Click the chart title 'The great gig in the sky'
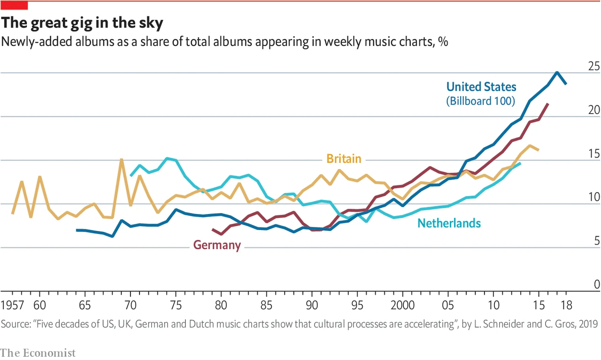(x=83, y=23)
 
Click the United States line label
(x=481, y=87)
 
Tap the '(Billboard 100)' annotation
(x=480, y=100)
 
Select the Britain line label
(x=344, y=159)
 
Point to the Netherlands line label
(x=449, y=223)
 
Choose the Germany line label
(x=217, y=245)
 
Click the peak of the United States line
(x=557, y=72)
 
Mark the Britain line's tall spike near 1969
(x=121, y=160)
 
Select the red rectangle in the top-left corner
(x=14, y=5)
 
